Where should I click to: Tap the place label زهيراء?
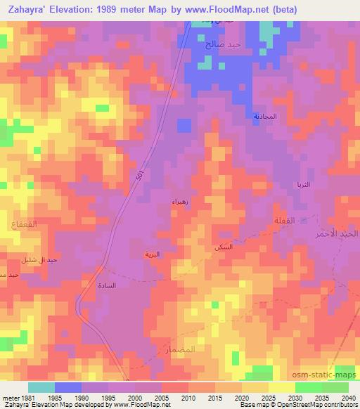click(x=179, y=202)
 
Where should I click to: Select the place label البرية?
click(x=152, y=254)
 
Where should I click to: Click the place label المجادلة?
click(x=265, y=116)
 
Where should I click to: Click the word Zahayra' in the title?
click(x=30, y=10)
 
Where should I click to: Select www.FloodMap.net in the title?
click(x=229, y=10)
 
